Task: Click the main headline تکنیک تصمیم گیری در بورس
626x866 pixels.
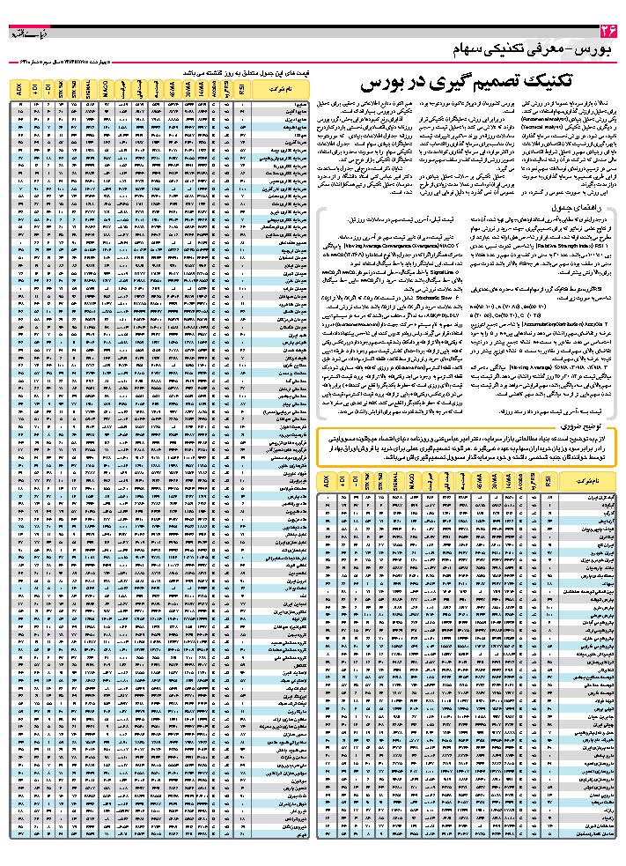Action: (467, 83)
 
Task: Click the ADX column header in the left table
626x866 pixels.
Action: (20, 88)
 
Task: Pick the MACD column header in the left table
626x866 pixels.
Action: (106, 88)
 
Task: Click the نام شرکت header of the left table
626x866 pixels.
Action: (283, 88)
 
